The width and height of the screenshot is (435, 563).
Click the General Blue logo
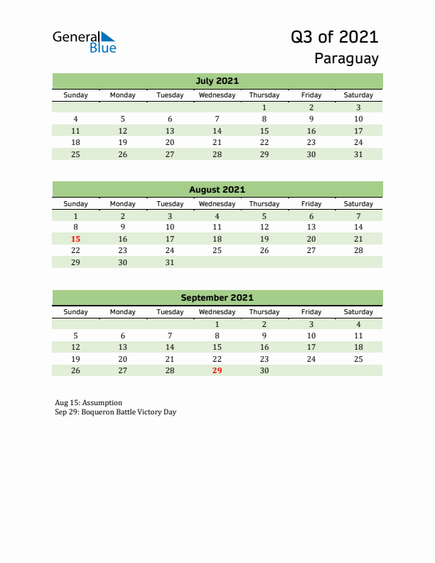tap(84, 42)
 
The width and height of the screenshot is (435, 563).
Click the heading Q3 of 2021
tap(335, 37)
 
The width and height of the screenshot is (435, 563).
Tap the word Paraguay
tap(347, 59)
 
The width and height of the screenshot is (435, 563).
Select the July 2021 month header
tap(217, 80)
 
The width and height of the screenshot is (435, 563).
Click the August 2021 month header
tap(217, 189)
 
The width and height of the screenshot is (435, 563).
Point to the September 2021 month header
tap(217, 298)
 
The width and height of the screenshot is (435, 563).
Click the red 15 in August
tap(76, 239)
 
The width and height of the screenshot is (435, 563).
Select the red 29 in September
tap(217, 370)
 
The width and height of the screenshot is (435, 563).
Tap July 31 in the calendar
tap(358, 154)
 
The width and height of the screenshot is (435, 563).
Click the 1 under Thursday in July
tap(264, 107)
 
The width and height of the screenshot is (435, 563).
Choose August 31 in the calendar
tap(170, 262)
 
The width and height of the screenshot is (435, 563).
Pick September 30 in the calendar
tap(264, 370)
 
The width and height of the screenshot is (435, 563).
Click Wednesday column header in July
tap(217, 95)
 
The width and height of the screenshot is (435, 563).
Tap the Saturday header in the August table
tap(358, 203)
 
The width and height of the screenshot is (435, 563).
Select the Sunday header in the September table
tap(76, 312)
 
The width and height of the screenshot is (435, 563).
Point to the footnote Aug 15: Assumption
tap(88, 402)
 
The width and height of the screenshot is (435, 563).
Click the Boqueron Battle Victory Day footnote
tap(114, 412)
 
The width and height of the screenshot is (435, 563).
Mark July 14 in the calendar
tap(217, 131)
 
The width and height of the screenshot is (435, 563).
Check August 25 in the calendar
tap(217, 250)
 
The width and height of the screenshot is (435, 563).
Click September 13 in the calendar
tap(123, 348)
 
